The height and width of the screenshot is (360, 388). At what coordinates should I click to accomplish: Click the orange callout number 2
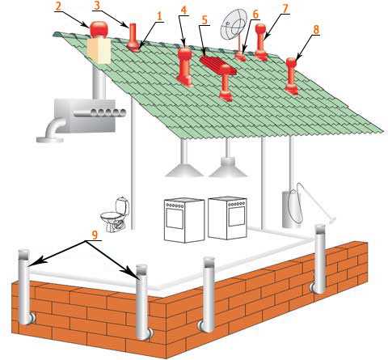pos(58,6)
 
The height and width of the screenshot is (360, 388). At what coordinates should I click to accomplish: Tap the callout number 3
pos(97,6)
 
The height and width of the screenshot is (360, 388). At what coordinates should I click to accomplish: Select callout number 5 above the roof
pos(205,19)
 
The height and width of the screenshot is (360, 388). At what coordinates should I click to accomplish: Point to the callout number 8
pos(315,30)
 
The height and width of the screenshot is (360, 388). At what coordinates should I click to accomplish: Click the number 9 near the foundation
pos(95,235)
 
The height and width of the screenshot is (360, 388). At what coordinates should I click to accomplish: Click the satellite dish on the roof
pos(234,24)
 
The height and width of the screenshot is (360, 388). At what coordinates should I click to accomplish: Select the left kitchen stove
pos(184,220)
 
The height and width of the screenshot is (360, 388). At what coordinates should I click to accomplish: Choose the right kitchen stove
pos(228,218)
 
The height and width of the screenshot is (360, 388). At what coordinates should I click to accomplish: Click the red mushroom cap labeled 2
pos(99,29)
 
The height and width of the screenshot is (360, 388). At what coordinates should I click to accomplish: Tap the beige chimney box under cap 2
pos(99,51)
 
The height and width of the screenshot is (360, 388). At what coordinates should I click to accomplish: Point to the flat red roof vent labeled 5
pos(217,65)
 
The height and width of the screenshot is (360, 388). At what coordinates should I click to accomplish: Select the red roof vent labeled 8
pos(292,76)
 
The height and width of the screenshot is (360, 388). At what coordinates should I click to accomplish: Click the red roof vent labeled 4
pos(185,67)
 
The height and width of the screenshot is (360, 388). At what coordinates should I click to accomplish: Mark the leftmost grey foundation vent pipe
pos(24,287)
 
